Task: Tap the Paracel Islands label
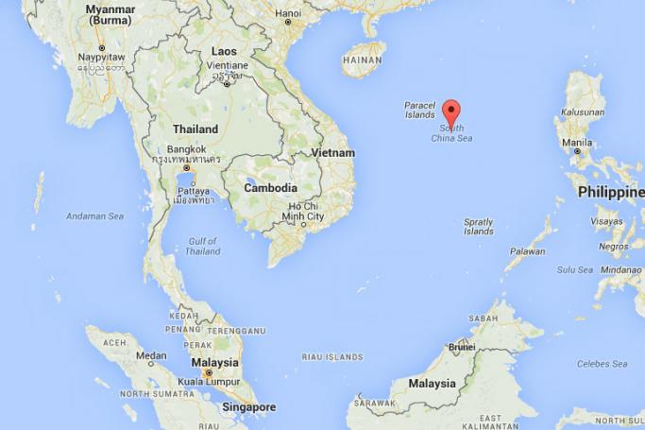point(419,110)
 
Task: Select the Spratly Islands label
point(479,227)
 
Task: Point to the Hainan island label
point(363,59)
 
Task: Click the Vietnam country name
point(333,152)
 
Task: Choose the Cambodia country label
point(270,188)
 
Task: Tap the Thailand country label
point(195,129)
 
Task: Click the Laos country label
point(225,51)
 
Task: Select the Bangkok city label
point(186,149)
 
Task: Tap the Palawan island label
point(528,251)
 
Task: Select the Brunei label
point(461,347)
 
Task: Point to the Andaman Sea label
point(94,216)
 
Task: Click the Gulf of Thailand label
point(202,246)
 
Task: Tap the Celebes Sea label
point(603,364)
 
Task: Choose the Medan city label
point(151,356)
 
